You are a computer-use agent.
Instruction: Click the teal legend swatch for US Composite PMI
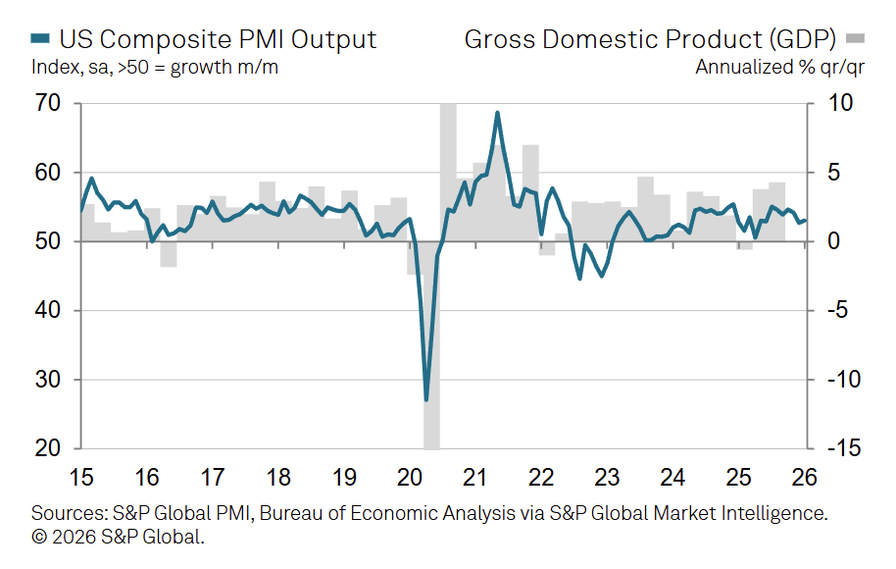pyautogui.click(x=40, y=39)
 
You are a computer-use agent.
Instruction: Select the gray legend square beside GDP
pyautogui.click(x=856, y=39)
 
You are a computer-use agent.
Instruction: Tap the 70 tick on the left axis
pyautogui.click(x=48, y=103)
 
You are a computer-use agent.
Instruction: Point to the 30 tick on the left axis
pyautogui.click(x=48, y=380)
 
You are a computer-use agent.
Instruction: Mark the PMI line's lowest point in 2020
pyautogui.click(x=426, y=399)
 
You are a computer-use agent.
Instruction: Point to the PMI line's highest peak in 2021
pyautogui.click(x=497, y=113)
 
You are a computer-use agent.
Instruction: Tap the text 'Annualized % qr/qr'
pyautogui.click(x=771, y=67)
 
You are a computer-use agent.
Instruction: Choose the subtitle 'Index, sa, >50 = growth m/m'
pyautogui.click(x=161, y=67)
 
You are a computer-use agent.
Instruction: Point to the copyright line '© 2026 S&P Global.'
pyautogui.click(x=117, y=537)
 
